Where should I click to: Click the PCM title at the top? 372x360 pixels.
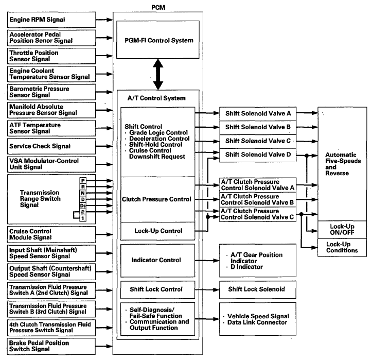(158, 7)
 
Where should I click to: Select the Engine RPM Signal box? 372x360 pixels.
(51, 20)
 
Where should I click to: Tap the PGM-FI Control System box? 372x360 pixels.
(158, 40)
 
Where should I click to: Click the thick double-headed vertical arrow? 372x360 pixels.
(158, 74)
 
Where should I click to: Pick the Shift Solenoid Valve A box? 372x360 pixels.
(258, 114)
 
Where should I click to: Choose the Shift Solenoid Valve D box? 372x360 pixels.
(258, 156)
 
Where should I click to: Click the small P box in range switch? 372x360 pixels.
(83, 181)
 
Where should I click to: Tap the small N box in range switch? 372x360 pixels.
(83, 193)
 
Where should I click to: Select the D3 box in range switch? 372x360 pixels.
(83, 205)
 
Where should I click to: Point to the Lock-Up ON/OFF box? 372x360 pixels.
(342, 230)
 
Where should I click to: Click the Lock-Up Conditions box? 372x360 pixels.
(342, 247)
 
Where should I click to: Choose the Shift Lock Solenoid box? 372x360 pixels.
(258, 289)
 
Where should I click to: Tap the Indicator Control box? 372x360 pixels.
(158, 261)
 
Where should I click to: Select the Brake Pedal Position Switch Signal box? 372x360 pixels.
(51, 346)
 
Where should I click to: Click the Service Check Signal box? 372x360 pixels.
(51, 146)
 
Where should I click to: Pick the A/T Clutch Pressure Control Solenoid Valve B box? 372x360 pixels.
(258, 199)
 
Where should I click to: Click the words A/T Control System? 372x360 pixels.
(156, 98)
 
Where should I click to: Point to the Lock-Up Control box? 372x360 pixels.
(158, 231)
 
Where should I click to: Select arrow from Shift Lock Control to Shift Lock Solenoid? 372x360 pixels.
(207, 290)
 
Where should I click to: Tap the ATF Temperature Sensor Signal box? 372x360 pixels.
(51, 128)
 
